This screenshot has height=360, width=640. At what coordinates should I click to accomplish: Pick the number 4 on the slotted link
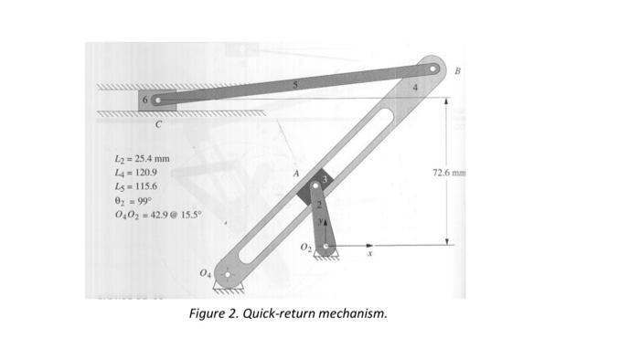point(415,88)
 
